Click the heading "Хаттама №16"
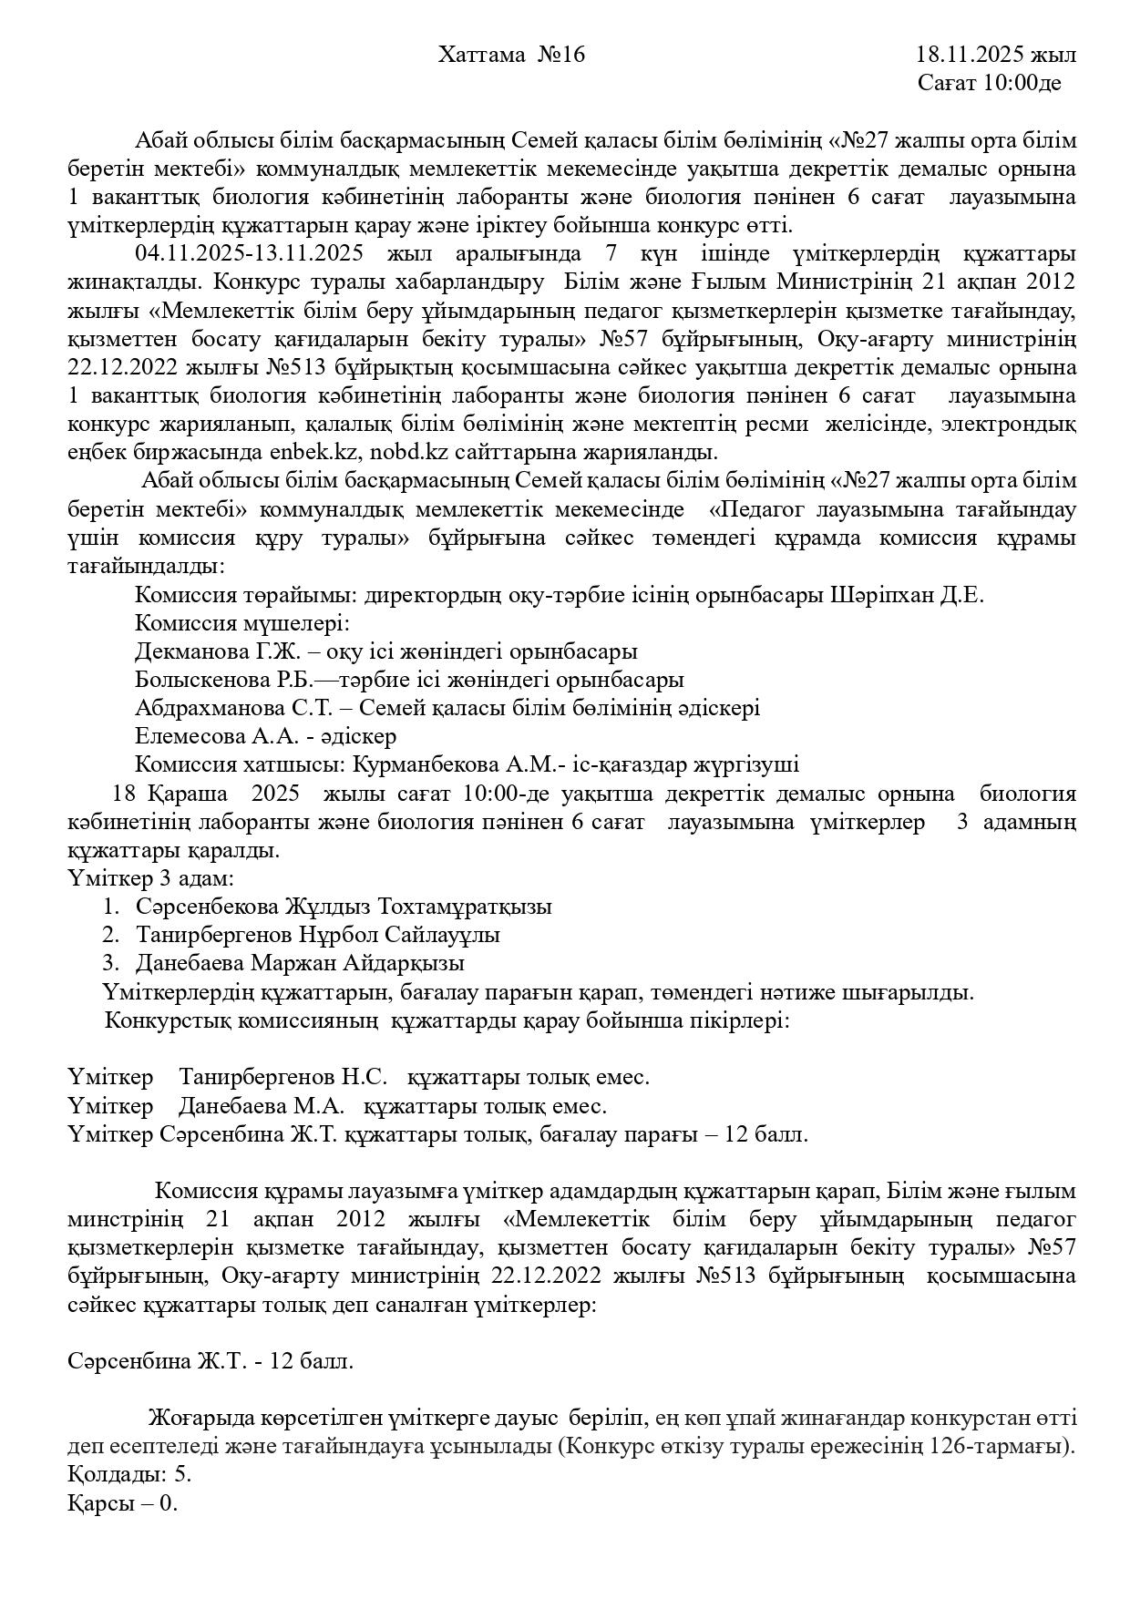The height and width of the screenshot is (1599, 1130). click(x=511, y=56)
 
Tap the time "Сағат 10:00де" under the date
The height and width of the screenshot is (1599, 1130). click(x=989, y=84)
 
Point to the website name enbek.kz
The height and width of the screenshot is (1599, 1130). click(x=310, y=452)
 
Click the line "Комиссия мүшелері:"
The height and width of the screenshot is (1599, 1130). click(x=242, y=624)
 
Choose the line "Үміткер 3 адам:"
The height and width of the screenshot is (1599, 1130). click(x=150, y=879)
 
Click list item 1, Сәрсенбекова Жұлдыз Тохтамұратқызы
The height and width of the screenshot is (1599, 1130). click(x=344, y=907)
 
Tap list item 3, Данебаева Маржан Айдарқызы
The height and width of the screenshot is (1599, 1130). click(x=300, y=964)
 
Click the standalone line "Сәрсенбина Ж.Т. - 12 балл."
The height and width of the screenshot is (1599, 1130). click(x=211, y=1362)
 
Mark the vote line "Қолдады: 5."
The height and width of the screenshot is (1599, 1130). click(x=129, y=1475)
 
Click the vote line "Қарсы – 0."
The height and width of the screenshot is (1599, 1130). click(x=123, y=1503)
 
